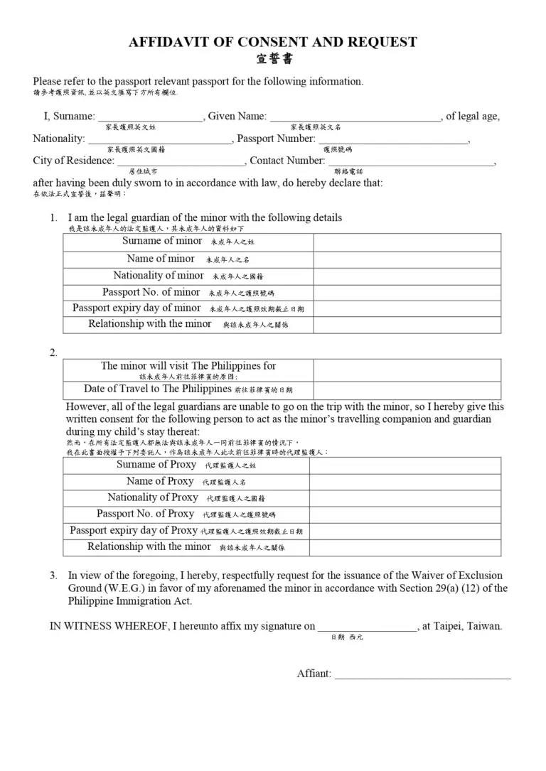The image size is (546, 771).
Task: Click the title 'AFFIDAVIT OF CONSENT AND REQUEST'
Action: click(272, 42)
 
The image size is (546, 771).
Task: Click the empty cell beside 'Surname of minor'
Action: click(407, 242)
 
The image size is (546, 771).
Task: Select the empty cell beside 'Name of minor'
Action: click(407, 260)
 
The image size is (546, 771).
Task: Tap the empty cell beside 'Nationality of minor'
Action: click(407, 276)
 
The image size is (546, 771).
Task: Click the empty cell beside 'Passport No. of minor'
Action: click(407, 293)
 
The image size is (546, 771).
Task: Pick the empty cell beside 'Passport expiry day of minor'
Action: click(407, 308)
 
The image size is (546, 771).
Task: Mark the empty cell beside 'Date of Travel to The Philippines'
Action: click(407, 390)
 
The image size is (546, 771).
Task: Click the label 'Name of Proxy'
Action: click(160, 482)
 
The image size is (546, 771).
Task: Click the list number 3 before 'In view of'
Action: click(53, 576)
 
